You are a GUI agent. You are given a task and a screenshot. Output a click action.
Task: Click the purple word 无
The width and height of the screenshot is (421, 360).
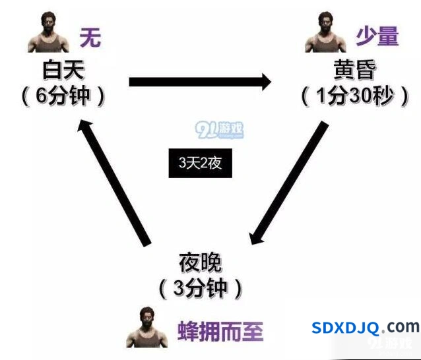tap(90, 38)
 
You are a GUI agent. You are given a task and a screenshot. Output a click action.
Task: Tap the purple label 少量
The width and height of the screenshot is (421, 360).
tap(377, 36)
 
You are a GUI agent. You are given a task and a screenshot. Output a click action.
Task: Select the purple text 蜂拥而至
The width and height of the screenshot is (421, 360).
tap(220, 331)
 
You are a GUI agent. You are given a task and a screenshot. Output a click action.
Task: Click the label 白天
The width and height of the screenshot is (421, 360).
tap(64, 70)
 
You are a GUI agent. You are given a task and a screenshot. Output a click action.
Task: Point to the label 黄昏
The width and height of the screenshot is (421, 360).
tap(354, 69)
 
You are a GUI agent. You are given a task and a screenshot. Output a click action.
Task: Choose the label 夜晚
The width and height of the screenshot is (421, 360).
tap(201, 262)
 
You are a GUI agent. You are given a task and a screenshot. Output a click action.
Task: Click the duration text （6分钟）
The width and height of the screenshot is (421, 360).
tap(63, 96)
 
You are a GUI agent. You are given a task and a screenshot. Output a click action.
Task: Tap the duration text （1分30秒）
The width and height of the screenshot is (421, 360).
tap(354, 96)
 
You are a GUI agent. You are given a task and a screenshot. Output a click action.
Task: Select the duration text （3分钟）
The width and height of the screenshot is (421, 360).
tap(201, 289)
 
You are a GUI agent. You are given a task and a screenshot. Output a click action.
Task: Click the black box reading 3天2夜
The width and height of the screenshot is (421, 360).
tap(201, 163)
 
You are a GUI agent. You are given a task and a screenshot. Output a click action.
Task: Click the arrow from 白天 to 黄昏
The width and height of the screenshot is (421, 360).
tap(201, 82)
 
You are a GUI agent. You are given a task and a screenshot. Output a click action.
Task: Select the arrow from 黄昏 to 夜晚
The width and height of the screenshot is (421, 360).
tap(289, 183)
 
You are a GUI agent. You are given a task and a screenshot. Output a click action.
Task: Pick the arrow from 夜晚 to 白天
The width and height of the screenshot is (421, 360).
tap(114, 183)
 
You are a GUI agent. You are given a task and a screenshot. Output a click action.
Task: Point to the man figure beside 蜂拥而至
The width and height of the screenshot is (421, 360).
tap(147, 327)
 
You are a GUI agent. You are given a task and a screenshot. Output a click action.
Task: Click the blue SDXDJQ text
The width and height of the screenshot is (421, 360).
tap(345, 328)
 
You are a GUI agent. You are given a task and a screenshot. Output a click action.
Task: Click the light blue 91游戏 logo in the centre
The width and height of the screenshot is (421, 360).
tap(220, 130)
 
